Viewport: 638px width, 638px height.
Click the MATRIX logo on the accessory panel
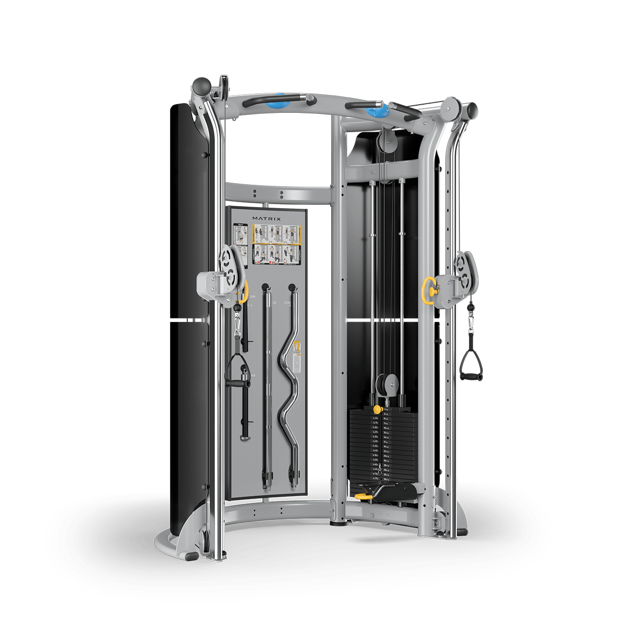tap(266, 218)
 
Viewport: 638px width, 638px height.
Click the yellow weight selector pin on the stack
tap(377, 409)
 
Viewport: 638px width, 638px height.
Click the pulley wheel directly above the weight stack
tap(387, 384)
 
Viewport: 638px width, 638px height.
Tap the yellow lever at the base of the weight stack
tap(364, 496)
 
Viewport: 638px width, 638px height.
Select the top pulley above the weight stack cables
tap(387, 139)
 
